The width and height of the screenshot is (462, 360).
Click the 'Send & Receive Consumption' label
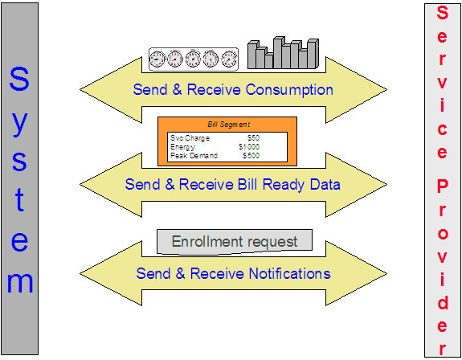point(232,89)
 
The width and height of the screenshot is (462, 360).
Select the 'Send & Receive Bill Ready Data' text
point(232,184)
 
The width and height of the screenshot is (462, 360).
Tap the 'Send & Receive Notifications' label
point(233,274)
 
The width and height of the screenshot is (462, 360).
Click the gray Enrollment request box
point(233,241)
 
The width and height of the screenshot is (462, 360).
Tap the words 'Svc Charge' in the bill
point(186,138)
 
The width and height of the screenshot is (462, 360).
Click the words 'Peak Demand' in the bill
point(190,154)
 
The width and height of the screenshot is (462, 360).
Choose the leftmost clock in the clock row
point(157,58)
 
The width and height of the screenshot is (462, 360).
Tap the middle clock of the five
point(193,58)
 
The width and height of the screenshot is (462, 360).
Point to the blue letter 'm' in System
point(20,281)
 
